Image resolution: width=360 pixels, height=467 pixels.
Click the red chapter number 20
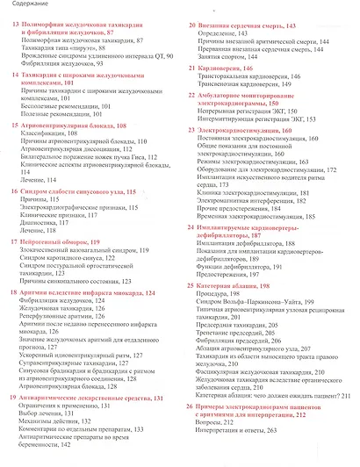[x=193, y=25]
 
